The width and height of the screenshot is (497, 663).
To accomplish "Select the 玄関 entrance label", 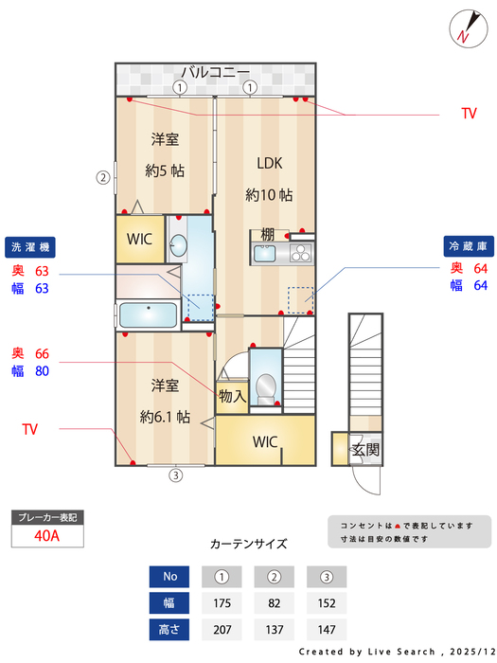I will (x=365, y=449).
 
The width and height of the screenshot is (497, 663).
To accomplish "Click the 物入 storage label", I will (x=232, y=397).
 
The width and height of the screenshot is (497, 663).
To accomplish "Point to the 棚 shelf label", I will (x=269, y=235).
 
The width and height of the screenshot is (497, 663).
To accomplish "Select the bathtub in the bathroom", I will (x=148, y=314).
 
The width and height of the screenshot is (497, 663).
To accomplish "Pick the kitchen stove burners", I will (x=300, y=253).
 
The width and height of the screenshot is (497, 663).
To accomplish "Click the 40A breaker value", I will (x=47, y=535).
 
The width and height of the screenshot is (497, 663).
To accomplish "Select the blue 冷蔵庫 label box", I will (x=467, y=245).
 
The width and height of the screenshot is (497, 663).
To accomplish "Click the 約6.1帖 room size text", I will (x=166, y=417).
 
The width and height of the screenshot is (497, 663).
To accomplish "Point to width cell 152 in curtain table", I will (x=327, y=602).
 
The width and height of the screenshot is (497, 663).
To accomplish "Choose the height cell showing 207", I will (x=222, y=629).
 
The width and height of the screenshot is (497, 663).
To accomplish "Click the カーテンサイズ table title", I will (x=248, y=544).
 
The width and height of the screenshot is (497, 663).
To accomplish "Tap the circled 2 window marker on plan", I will (x=102, y=176).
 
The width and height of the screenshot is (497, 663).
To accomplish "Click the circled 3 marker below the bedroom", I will (x=175, y=475).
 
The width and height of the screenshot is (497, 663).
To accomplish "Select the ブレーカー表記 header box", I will (x=47, y=517).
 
